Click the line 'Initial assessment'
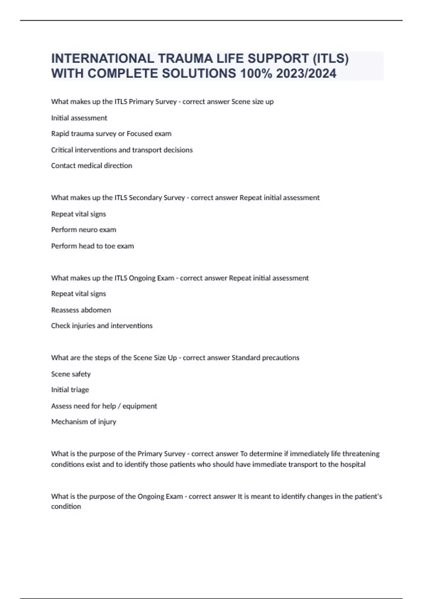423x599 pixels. [x=79, y=118]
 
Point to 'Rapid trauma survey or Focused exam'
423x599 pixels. [x=111, y=134]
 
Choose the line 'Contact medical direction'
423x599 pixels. [x=91, y=166]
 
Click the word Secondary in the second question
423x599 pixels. [x=145, y=198]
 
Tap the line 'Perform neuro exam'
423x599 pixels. [x=84, y=230]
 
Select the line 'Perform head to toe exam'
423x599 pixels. [x=92, y=246]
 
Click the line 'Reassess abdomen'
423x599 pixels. [x=81, y=310]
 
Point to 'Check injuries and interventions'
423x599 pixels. [x=102, y=326]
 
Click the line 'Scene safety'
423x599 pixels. [x=70, y=374]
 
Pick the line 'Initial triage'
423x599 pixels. [x=70, y=390]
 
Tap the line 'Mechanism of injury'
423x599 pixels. [x=84, y=422]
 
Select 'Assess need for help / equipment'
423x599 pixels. [x=104, y=406]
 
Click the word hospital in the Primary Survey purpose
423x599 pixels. [x=352, y=464]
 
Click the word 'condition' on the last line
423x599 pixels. [x=66, y=506]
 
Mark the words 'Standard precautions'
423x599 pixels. [x=265, y=358]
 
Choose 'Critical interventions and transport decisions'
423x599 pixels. [x=122, y=150]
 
